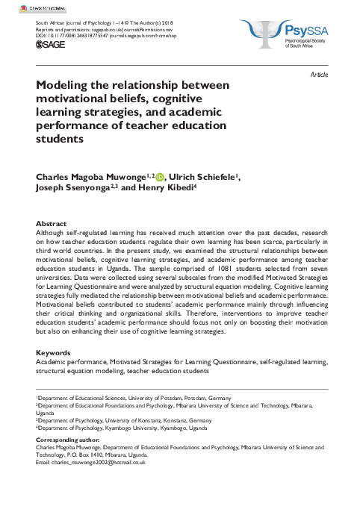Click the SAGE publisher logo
[49, 45]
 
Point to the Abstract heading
[51, 223]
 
